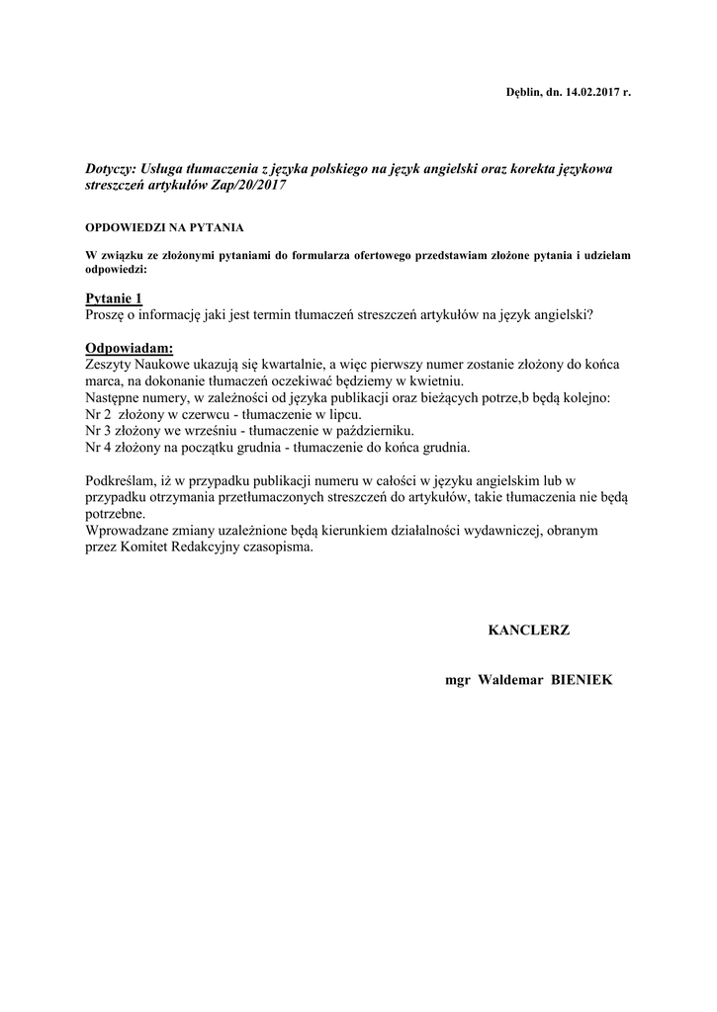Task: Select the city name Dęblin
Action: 525,92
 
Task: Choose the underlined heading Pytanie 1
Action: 114,298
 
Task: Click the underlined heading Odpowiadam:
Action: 129,348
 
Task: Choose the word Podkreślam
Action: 124,481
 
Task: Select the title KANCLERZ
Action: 529,630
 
